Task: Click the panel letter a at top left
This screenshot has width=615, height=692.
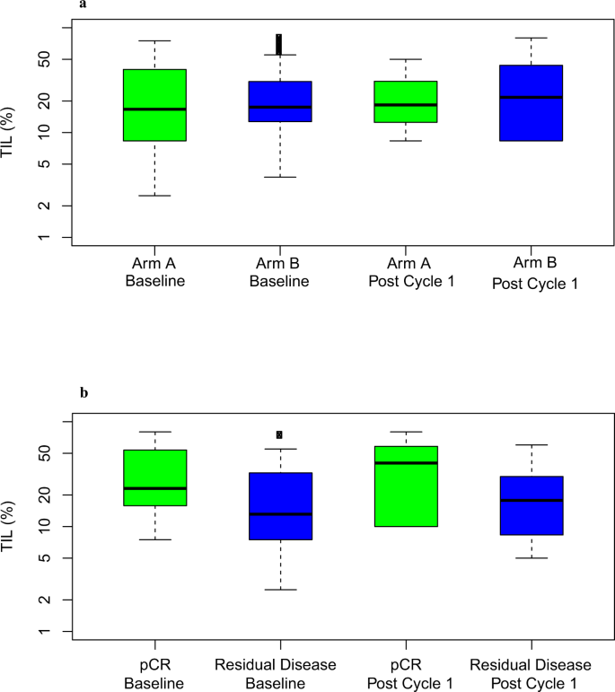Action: [x=83, y=4]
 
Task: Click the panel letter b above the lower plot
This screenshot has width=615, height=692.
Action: [x=83, y=393]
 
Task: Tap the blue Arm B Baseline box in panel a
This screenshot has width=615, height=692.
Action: [x=280, y=101]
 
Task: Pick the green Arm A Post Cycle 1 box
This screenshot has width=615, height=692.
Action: [x=406, y=101]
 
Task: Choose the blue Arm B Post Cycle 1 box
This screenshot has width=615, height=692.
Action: [x=532, y=103]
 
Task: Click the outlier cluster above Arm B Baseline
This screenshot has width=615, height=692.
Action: [x=279, y=45]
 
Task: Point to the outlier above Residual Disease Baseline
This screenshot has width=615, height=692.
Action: [x=279, y=434]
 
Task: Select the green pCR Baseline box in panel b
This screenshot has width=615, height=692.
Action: [x=155, y=477]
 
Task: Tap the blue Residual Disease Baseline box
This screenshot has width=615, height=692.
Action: [x=280, y=506]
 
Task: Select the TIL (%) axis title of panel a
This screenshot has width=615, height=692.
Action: [x=10, y=134]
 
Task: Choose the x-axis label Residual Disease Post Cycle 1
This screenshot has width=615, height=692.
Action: [x=531, y=672]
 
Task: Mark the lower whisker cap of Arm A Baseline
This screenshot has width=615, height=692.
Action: [x=155, y=196]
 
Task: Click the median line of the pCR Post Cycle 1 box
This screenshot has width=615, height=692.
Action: [x=406, y=463]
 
